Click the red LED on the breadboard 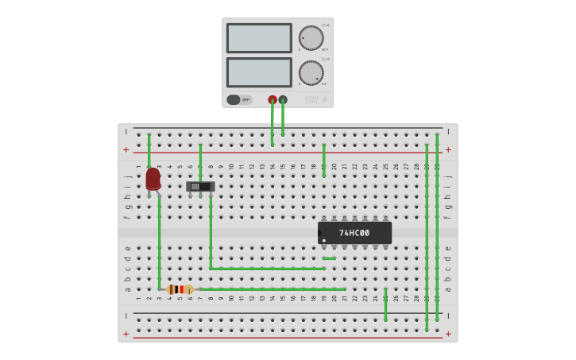[x=153, y=179]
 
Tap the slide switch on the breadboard [x=200, y=187]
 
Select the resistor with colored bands [x=180, y=289]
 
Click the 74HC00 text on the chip [x=354, y=233]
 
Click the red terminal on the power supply [x=273, y=100]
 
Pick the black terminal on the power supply [x=283, y=100]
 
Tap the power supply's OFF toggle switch [x=234, y=100]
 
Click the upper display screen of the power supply [x=259, y=38]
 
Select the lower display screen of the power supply [x=259, y=72]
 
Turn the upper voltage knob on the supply [x=311, y=38]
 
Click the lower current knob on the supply [x=311, y=72]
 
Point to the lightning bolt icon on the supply [x=324, y=100]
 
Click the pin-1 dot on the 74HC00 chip [x=324, y=240]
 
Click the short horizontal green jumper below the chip [x=329, y=258]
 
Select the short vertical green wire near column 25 [x=385, y=304]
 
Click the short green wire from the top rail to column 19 [x=323, y=159]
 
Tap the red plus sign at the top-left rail [x=126, y=149]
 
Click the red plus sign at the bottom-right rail [x=448, y=334]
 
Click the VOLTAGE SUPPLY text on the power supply [x=311, y=100]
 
